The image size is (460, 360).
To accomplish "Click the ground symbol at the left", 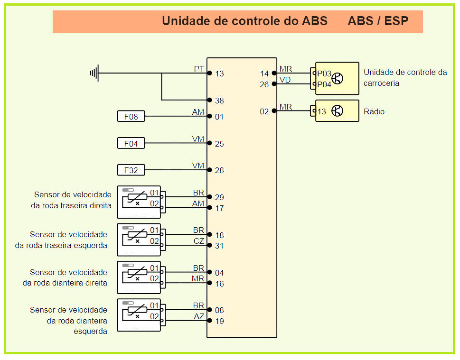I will [94, 73].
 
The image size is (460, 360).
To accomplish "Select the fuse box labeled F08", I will [131, 116].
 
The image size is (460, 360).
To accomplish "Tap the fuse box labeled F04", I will [131, 143].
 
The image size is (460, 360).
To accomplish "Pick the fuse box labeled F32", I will [131, 170].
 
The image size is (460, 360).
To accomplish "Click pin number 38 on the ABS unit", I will [219, 101].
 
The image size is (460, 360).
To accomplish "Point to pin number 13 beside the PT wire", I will [219, 74].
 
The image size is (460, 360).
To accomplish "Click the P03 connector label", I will [324, 74].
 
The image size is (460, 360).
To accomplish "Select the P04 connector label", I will [324, 84].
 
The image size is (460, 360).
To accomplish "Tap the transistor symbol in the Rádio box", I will [338, 111].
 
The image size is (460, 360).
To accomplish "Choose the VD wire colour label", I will [285, 80].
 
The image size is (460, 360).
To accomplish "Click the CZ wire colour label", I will [199, 241].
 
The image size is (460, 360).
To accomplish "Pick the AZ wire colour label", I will [199, 316].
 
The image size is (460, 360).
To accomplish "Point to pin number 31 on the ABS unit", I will [219, 246].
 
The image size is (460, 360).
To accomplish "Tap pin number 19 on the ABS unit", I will [219, 321].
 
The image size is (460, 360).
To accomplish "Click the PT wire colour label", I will [199, 69].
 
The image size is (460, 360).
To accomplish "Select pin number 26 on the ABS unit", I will [264, 84].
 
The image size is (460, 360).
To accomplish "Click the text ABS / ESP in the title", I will [378, 21].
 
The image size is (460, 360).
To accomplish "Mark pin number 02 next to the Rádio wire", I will [264, 111].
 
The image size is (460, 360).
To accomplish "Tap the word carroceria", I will [382, 83].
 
